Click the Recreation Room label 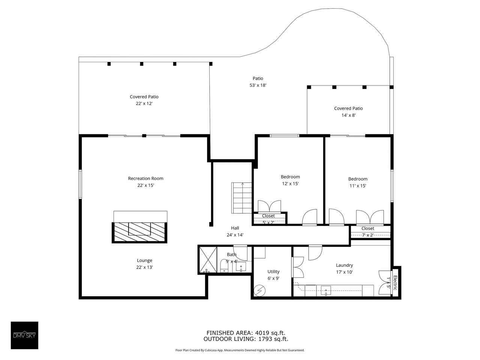coord(145,178)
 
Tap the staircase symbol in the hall coord(242,198)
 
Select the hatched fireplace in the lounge coord(139,232)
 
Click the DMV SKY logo coord(24,335)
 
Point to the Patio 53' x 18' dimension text coord(258,85)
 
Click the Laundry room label coord(344,265)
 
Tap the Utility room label coord(273,272)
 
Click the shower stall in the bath coord(208,259)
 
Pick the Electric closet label coord(395,283)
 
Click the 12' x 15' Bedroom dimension coord(290,184)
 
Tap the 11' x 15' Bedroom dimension coord(357,186)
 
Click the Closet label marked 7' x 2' coord(367,228)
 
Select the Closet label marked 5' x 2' coord(268,216)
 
